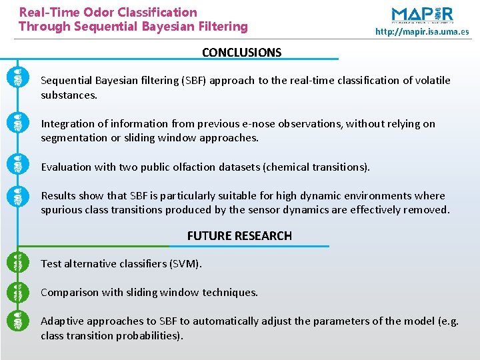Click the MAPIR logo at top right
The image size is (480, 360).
point(422,15)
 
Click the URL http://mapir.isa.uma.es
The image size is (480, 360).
point(422,31)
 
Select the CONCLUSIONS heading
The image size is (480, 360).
point(241,53)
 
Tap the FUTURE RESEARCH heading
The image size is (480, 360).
point(239,236)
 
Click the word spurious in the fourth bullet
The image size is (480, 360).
point(63,210)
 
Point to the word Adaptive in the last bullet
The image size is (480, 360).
point(61,321)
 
